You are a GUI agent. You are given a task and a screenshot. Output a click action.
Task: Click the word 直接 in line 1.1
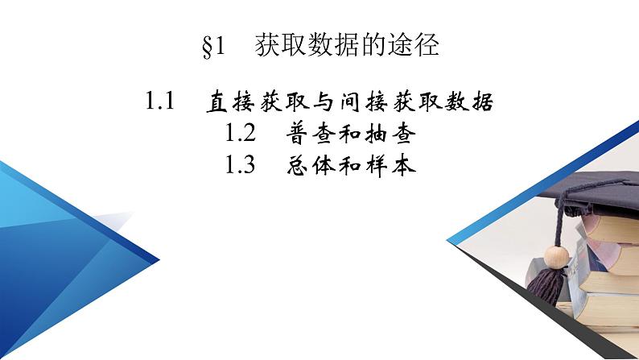click(220, 102)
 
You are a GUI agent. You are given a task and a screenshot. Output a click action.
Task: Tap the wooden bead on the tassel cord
click(553, 257)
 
